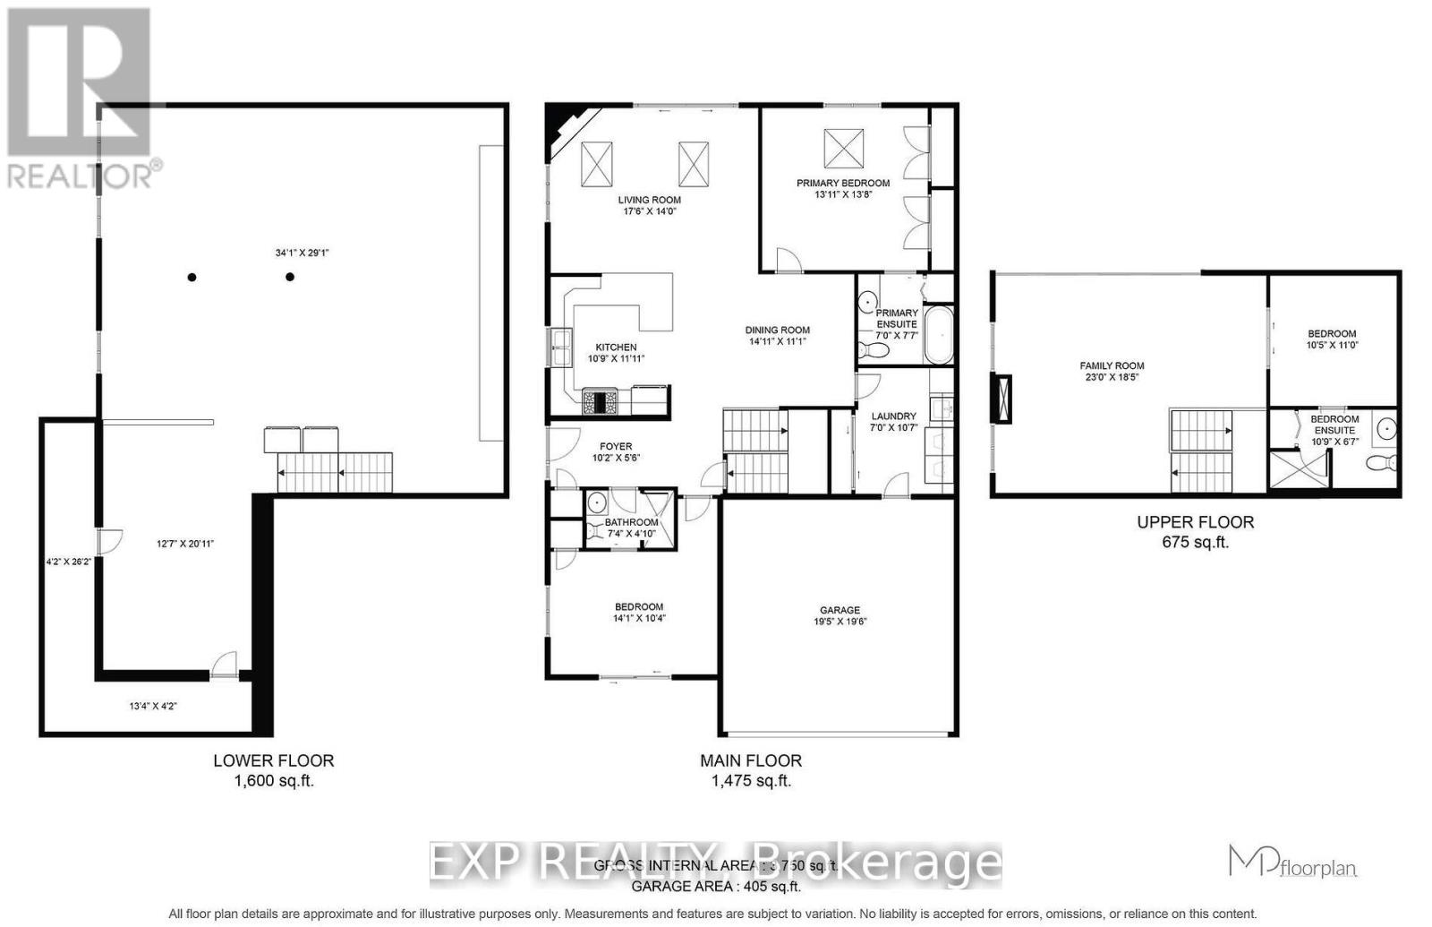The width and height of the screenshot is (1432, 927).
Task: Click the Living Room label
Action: (x=649, y=201)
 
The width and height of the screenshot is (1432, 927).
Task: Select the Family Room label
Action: (x=1112, y=365)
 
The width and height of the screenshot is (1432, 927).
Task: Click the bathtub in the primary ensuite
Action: (x=938, y=335)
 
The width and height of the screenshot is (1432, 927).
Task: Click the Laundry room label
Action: (x=893, y=416)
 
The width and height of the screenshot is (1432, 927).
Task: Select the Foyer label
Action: (x=616, y=446)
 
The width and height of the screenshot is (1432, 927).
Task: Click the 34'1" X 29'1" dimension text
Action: (x=303, y=253)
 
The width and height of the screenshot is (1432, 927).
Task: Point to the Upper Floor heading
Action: (x=1195, y=521)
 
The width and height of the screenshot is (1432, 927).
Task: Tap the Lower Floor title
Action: (x=273, y=760)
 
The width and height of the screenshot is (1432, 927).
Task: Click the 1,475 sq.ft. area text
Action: (x=751, y=781)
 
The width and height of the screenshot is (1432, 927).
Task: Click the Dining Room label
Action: (x=779, y=330)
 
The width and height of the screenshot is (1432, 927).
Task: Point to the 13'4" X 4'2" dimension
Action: (x=153, y=706)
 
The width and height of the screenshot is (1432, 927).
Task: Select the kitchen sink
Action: (x=561, y=348)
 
